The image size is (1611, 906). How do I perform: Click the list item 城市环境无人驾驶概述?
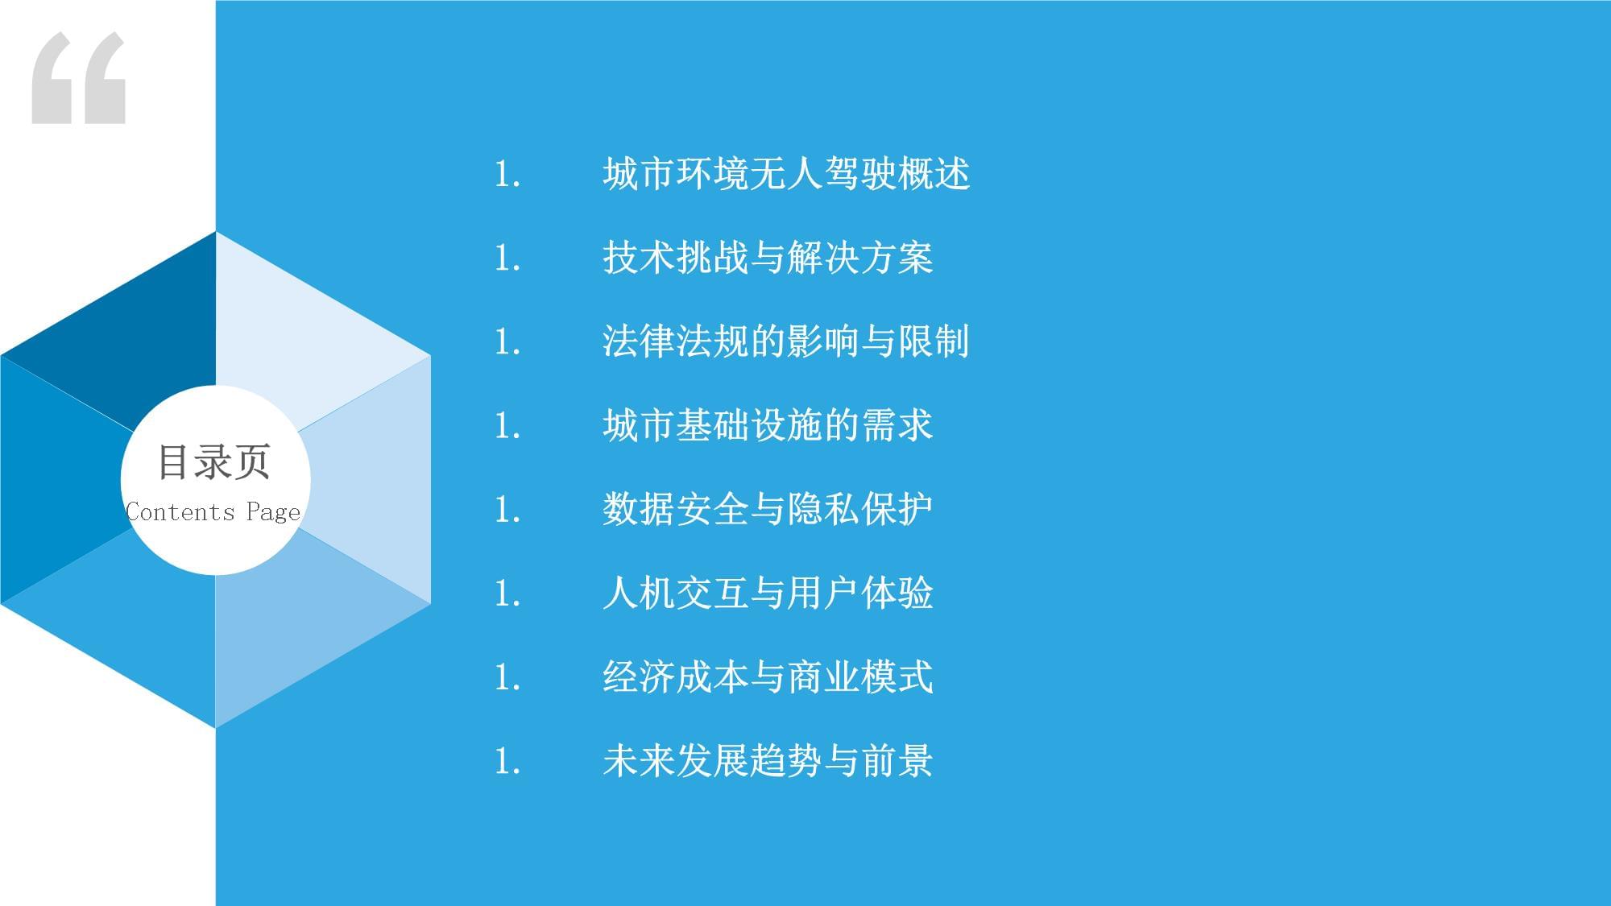(x=786, y=174)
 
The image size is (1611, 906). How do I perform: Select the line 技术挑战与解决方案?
(x=768, y=258)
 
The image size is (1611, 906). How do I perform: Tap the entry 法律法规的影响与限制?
(x=786, y=341)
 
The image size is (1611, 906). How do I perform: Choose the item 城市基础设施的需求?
(x=768, y=425)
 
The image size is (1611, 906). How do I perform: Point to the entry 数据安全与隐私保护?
(x=768, y=509)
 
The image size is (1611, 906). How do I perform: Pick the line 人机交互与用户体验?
(x=768, y=593)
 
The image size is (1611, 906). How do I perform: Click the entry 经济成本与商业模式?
(x=768, y=676)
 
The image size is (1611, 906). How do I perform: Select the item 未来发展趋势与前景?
(x=768, y=760)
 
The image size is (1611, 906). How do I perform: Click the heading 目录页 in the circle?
(x=214, y=461)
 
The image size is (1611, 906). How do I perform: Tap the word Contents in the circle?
(x=180, y=512)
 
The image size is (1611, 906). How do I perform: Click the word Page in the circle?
(x=274, y=513)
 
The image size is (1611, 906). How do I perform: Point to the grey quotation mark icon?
(x=79, y=78)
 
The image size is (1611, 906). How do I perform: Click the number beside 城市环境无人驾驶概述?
(x=507, y=175)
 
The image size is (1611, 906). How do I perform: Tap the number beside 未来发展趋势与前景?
(x=507, y=761)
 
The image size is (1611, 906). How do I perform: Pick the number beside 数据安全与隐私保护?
(x=507, y=510)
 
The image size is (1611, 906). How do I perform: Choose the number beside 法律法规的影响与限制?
(x=507, y=342)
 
